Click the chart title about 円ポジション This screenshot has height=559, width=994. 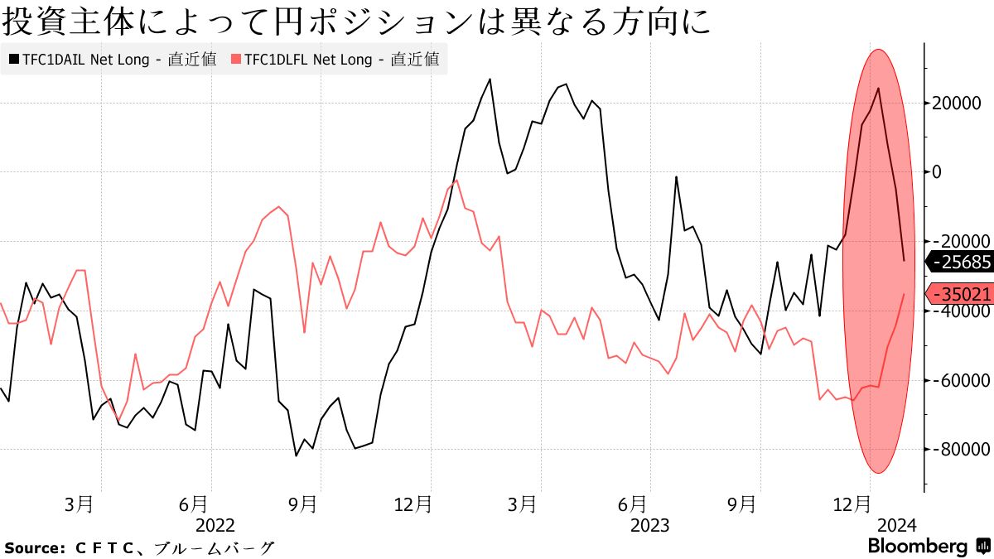coord(356,22)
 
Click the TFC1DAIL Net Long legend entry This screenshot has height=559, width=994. coord(113,60)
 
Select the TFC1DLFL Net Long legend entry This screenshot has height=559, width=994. coord(335,60)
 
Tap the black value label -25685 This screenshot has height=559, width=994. coord(962,262)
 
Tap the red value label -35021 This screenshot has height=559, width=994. coord(962,294)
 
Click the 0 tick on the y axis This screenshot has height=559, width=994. coord(937,172)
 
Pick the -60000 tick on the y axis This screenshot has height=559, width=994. coord(961,380)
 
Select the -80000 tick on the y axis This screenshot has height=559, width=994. coord(961,449)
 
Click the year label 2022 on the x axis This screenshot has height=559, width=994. coord(215,525)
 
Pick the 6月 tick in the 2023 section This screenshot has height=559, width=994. coord(632,504)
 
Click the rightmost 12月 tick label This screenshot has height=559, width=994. coord(851,504)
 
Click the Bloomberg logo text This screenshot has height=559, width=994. coord(917,547)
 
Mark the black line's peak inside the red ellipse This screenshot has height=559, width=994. coord(878,88)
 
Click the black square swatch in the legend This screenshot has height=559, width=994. coord(13,60)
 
